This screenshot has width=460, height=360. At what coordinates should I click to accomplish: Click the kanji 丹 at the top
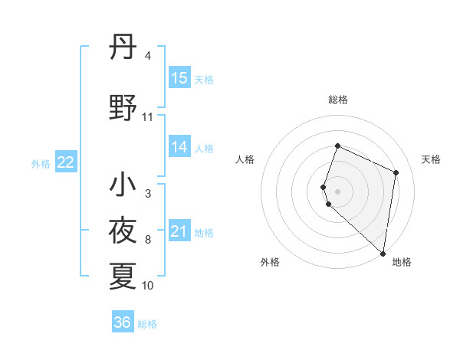[x=123, y=48]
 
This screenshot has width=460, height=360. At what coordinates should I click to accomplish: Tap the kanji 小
[x=123, y=185]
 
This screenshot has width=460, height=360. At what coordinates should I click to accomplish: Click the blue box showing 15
[x=179, y=78]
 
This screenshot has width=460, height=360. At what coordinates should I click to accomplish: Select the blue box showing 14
[x=179, y=148]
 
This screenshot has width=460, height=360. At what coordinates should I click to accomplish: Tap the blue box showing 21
[x=179, y=232]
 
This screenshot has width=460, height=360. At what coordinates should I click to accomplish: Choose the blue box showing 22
[x=66, y=162]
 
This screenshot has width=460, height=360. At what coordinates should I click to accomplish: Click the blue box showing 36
[x=122, y=322]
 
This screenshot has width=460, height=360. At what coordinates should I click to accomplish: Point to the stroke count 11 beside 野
[x=148, y=117]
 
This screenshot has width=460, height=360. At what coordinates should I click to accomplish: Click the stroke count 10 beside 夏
[x=148, y=286]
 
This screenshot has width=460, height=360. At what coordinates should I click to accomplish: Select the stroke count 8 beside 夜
[x=148, y=240]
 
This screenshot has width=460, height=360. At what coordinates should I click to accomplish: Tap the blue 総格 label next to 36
[x=147, y=324]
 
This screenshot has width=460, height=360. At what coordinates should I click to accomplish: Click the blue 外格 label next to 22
[x=41, y=163]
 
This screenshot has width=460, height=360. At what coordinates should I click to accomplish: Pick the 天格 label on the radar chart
[x=431, y=159]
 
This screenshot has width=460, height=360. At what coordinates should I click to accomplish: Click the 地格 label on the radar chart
[x=402, y=262]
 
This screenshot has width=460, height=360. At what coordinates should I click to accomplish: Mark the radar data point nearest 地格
[x=383, y=254]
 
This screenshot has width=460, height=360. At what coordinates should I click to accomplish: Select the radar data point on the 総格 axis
[x=337, y=146]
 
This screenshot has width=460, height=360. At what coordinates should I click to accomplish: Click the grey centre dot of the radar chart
[x=337, y=191]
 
